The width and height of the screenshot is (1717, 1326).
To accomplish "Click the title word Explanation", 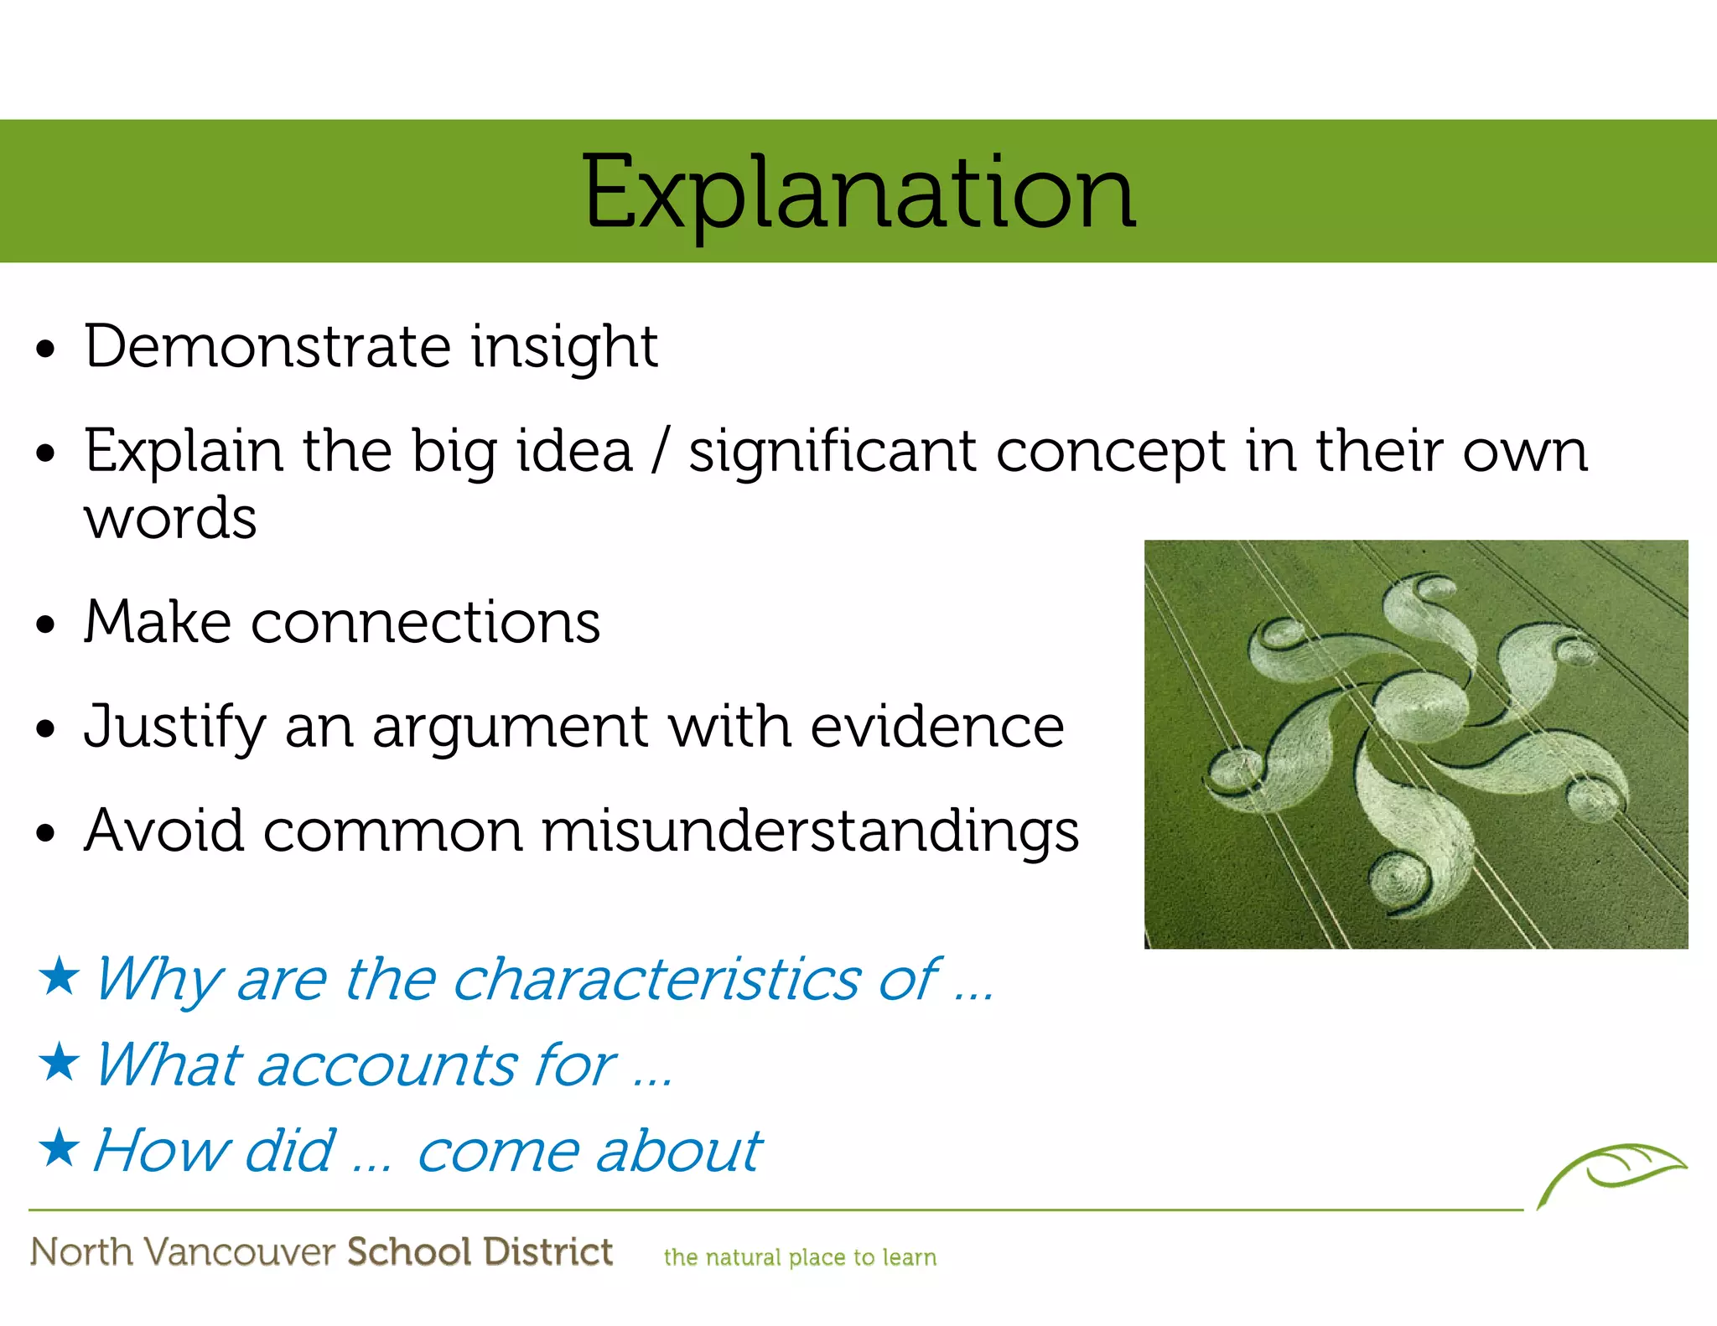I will pos(858,193).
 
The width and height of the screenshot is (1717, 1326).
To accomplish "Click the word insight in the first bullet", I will pos(563,347).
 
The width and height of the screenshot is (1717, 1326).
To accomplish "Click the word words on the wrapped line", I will pos(170,519).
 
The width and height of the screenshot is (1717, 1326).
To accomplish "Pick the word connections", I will pos(425,623).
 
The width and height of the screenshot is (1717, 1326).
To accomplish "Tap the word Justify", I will pos(174,728).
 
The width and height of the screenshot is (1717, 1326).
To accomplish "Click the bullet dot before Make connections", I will pos(46,625).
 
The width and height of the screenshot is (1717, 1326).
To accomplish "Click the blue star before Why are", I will pos(59,976).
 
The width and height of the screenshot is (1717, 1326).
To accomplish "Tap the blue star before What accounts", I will pos(59,1062).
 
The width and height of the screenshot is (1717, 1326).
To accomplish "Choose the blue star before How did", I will pos(59,1147).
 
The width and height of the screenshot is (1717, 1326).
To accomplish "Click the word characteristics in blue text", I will pos(656,979).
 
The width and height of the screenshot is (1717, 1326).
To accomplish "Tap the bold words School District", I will pos(480,1251).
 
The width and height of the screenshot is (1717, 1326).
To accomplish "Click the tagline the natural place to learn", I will pos(800,1257).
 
